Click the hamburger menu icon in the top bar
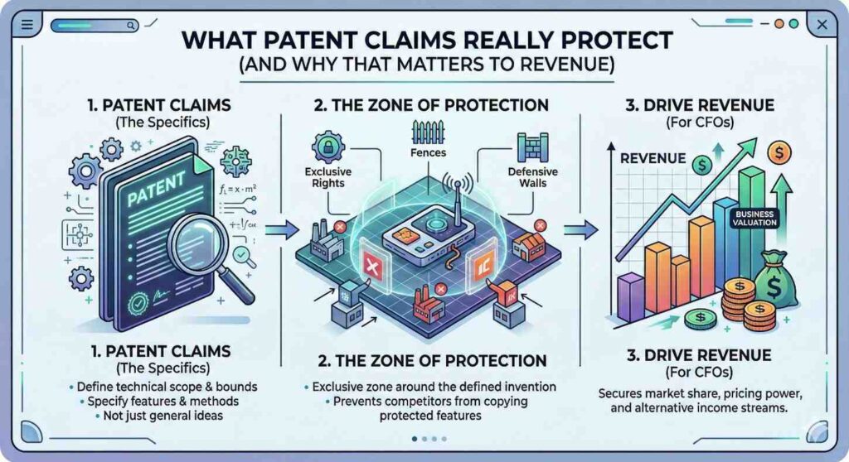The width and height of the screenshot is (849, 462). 26,25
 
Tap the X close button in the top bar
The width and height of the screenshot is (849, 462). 822,25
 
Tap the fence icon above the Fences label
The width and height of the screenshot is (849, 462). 428,131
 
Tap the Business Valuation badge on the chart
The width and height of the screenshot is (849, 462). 754,217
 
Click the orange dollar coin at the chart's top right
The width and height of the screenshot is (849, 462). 779,152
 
